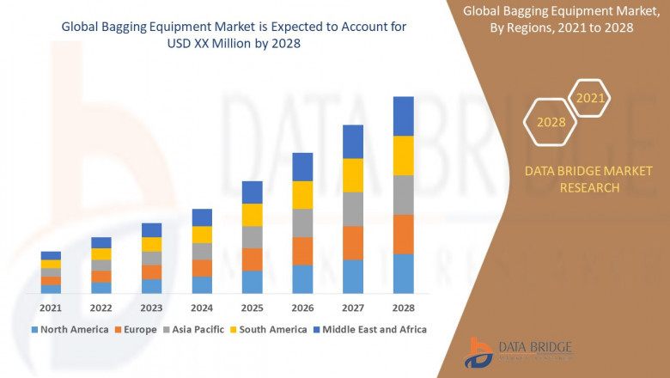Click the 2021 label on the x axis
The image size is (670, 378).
point(51,308)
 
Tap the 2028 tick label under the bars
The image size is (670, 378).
point(403,308)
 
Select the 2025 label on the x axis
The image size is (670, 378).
point(252,308)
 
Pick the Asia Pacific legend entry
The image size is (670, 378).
point(197,329)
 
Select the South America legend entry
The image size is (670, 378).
point(270,329)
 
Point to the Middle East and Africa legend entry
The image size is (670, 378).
point(371,329)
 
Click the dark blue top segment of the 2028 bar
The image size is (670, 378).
point(403,116)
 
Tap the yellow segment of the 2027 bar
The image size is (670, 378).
point(352,175)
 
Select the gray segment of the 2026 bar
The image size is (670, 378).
point(302,223)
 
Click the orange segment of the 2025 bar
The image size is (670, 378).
point(252,259)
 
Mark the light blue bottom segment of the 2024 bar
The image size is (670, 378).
point(202,285)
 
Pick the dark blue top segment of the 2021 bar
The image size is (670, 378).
point(51,255)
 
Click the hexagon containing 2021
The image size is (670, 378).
point(590,99)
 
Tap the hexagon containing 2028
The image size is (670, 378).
point(551,122)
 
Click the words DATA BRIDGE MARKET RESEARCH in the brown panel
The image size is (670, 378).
point(572,180)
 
